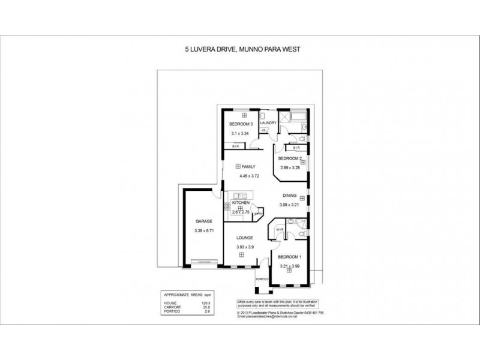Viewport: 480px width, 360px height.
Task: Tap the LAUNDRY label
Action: tap(268, 122)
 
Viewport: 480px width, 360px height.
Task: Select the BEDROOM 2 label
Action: tap(290, 158)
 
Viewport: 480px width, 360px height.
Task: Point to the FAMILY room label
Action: tap(248, 166)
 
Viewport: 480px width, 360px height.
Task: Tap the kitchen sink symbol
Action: tap(240, 194)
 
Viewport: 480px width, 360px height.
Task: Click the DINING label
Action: tap(289, 196)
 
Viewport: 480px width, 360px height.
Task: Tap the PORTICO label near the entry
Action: tap(261, 279)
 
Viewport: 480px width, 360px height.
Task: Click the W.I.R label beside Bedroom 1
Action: tap(280, 229)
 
